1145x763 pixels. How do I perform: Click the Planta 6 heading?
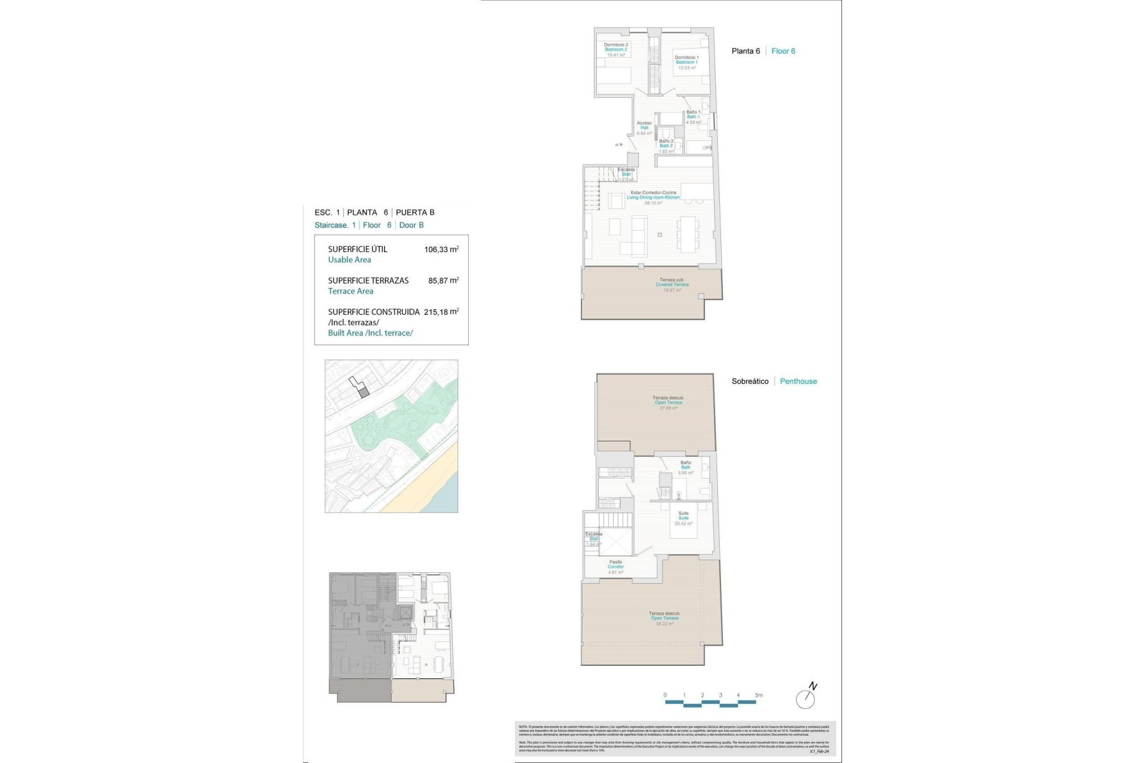(745, 51)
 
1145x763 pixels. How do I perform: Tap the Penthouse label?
(798, 381)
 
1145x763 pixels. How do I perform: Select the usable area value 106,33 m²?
(441, 249)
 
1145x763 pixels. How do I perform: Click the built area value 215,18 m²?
(441, 312)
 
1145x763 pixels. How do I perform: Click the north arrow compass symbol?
(806, 697)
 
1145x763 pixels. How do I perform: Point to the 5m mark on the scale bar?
(758, 695)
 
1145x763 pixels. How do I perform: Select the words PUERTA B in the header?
(415, 212)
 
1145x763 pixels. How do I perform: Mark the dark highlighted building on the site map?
(364, 392)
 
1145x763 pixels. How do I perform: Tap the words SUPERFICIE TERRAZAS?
(368, 280)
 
